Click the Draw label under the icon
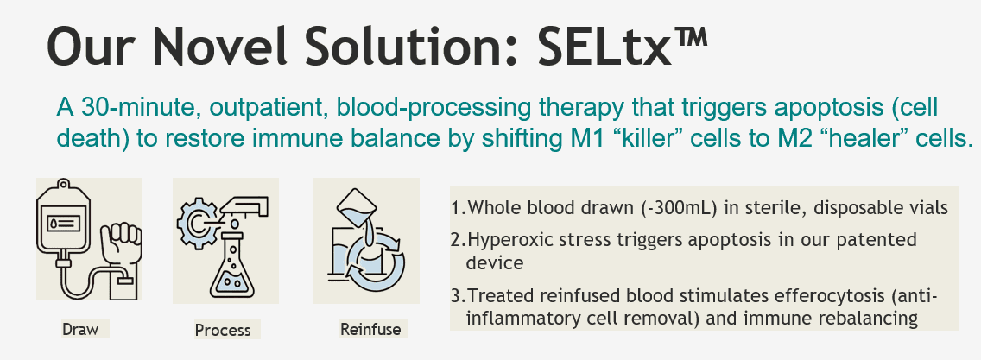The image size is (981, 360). (x=80, y=329)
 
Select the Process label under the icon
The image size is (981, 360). (x=223, y=330)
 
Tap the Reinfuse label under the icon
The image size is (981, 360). (x=370, y=329)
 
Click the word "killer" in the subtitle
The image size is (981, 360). (x=647, y=138)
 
